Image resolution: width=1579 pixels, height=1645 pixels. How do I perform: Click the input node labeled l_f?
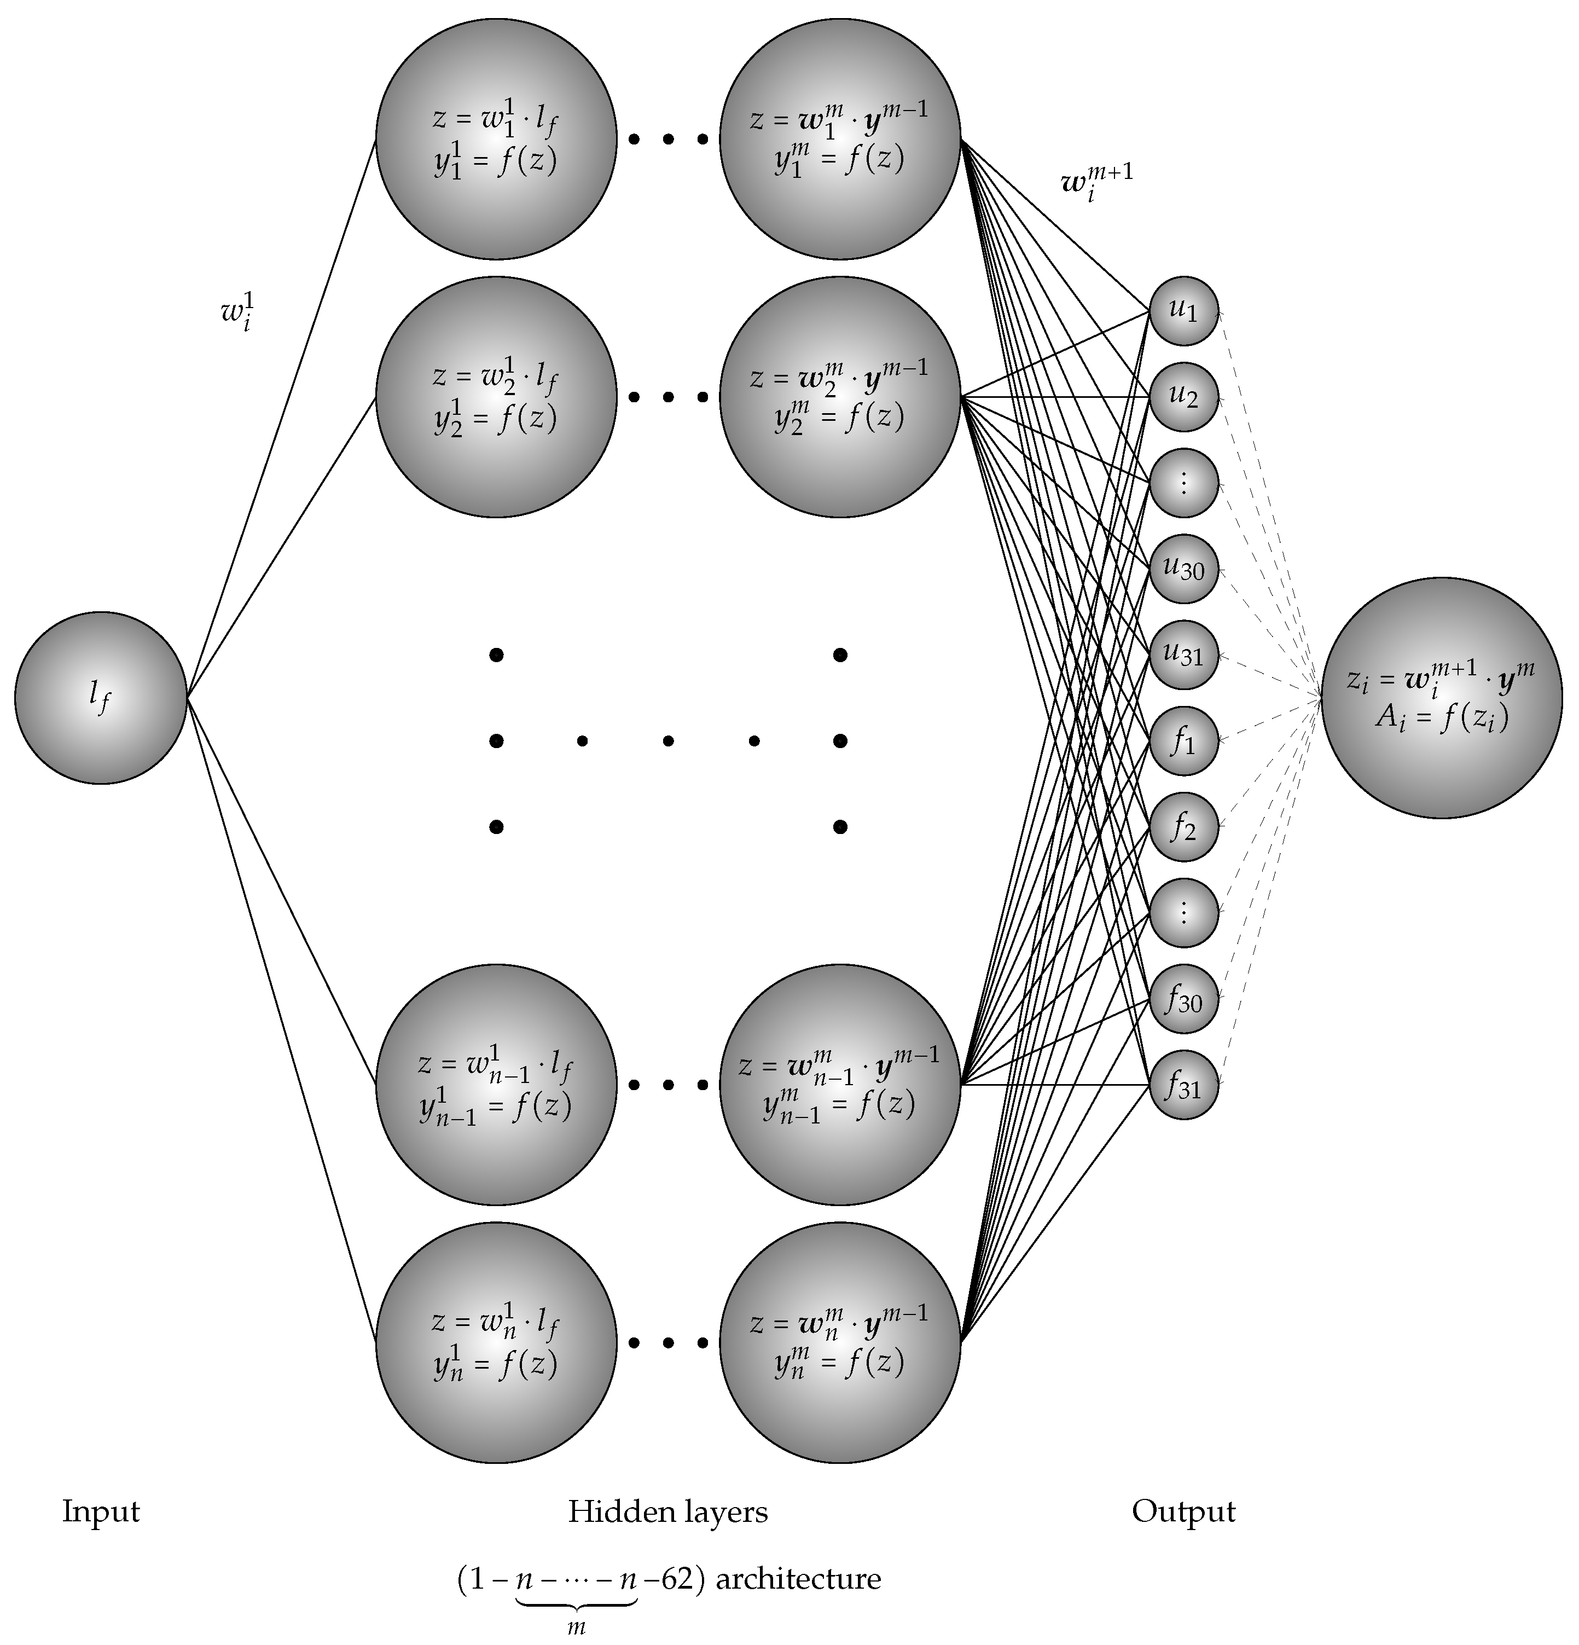[101, 697]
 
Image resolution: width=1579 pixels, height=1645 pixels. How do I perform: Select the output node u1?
[1183, 310]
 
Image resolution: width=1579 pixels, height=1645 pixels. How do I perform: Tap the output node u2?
[1183, 396]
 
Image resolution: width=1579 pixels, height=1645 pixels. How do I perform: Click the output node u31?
[1183, 654]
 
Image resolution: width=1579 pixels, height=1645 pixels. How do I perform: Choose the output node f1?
[1183, 740]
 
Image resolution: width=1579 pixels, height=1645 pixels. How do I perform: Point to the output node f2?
[1183, 827]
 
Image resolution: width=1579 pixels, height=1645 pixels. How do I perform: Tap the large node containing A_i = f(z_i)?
[1442, 697]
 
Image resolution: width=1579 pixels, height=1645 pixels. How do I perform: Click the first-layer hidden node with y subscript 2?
[496, 397]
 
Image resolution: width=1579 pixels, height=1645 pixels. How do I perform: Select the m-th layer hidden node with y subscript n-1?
[839, 1085]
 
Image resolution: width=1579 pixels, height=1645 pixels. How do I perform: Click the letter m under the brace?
[576, 1626]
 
